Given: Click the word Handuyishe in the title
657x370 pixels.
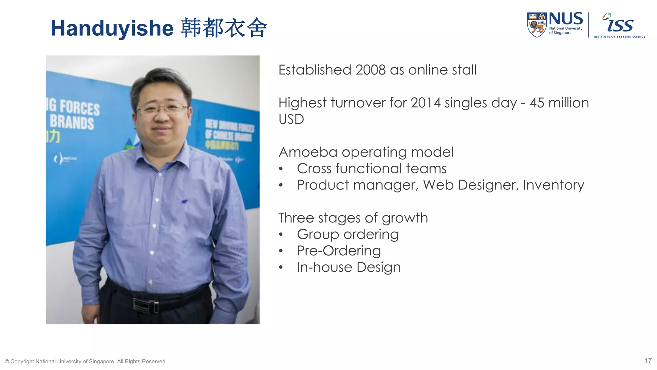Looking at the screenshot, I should [112, 28].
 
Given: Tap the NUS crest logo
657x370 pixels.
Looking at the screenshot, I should [536, 25].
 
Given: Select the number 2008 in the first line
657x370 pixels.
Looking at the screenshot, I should [370, 70].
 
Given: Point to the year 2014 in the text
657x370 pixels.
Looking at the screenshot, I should [425, 103].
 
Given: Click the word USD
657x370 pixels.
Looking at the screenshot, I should [291, 119].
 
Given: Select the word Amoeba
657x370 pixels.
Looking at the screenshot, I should [308, 152].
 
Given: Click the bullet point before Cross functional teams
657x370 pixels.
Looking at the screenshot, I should [281, 169].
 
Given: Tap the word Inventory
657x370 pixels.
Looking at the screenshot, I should [553, 185].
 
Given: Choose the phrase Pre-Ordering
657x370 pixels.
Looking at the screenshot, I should [339, 251].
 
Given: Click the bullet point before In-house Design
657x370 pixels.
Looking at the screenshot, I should [281, 268].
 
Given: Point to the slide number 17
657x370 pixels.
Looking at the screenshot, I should [648, 361].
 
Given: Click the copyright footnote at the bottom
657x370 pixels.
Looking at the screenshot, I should [85, 361].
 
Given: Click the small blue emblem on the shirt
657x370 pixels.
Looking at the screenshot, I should [184, 202].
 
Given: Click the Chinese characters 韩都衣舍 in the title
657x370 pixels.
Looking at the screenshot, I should [224, 28].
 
